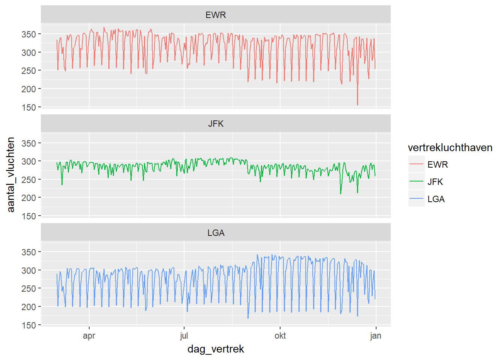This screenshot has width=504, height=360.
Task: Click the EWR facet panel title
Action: pyautogui.click(x=216, y=15)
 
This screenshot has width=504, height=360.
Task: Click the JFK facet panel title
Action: pyautogui.click(x=216, y=124)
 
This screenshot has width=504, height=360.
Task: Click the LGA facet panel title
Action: pyautogui.click(x=216, y=233)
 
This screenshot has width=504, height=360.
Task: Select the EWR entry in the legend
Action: pyautogui.click(x=437, y=165)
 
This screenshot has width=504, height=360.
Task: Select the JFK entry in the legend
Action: pyautogui.click(x=435, y=182)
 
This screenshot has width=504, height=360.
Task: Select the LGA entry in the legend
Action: pyautogui.click(x=436, y=199)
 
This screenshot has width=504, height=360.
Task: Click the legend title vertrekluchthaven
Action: pyautogui.click(x=450, y=148)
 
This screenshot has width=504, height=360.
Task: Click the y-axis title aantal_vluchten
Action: pyautogui.click(x=11, y=174)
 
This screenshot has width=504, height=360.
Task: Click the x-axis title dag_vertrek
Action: pyautogui.click(x=216, y=349)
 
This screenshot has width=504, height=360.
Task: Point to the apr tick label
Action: pyautogui.click(x=89, y=336)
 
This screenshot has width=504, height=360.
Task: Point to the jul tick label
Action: pyautogui.click(x=184, y=336)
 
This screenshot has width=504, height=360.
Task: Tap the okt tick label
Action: pyautogui.click(x=280, y=336)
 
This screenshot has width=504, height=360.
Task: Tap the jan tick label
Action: pyautogui.click(x=376, y=336)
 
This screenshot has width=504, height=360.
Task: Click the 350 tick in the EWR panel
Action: pyautogui.click(x=28, y=34)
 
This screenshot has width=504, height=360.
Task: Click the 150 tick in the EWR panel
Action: pyautogui.click(x=28, y=108)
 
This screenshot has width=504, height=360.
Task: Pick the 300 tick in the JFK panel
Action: pyautogui.click(x=28, y=162)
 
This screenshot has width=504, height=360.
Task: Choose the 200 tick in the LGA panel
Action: pyautogui.click(x=28, y=307)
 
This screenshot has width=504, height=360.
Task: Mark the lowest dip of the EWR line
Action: pyautogui.click(x=357, y=105)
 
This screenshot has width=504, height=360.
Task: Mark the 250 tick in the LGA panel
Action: pyautogui.click(x=28, y=289)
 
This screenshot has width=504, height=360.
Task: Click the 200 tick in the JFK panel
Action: pyautogui.click(x=28, y=198)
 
